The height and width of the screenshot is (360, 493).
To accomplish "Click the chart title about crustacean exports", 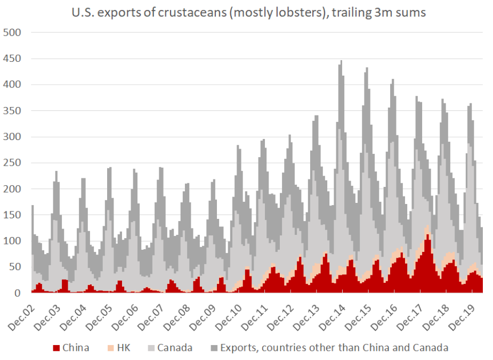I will [x=248, y=12].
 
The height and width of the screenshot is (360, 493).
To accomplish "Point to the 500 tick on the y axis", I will [x=12, y=32].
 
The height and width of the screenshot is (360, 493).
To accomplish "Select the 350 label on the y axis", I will [x=12, y=111].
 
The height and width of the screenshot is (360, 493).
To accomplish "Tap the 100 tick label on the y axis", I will [x=12, y=241].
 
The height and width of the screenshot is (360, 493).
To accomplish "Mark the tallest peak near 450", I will [x=341, y=62].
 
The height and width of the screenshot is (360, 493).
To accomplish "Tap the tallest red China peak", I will [x=427, y=235].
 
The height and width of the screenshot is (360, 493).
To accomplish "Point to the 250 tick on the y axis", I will [x=12, y=163].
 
